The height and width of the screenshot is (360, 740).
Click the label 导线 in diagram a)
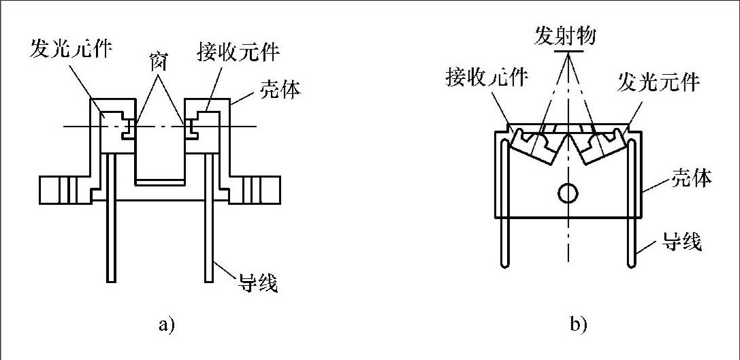[x=258, y=282]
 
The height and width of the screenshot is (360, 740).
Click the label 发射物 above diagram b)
[x=565, y=35]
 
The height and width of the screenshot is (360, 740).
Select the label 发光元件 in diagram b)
[x=658, y=82]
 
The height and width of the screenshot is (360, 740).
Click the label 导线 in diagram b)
[x=683, y=240]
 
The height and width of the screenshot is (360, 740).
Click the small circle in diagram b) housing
[x=566, y=195]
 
